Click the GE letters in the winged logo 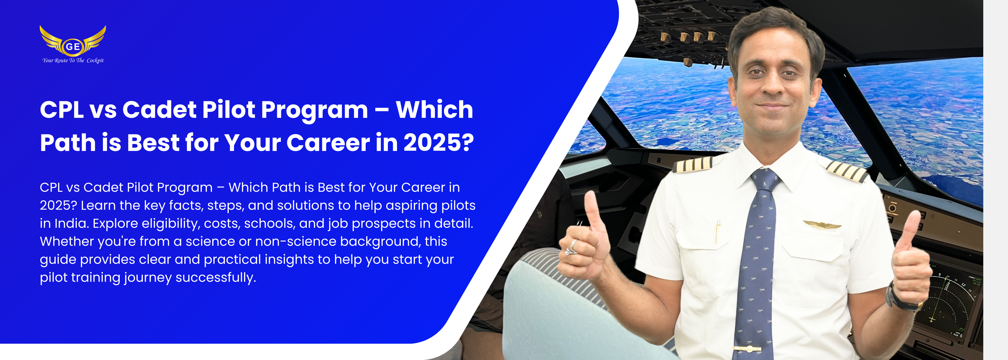(x=73, y=47)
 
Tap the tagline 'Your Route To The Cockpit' (x=73, y=60)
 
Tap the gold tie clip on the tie (x=747, y=348)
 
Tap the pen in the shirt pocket (x=718, y=232)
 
